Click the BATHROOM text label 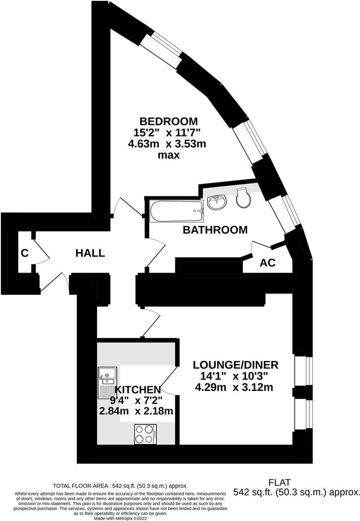(215, 230)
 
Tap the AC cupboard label (267, 263)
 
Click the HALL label (89, 253)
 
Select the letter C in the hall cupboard (24, 253)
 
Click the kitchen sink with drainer (105, 382)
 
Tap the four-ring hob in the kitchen (144, 433)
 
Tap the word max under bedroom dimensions (168, 155)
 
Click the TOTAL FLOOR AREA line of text (120, 486)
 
